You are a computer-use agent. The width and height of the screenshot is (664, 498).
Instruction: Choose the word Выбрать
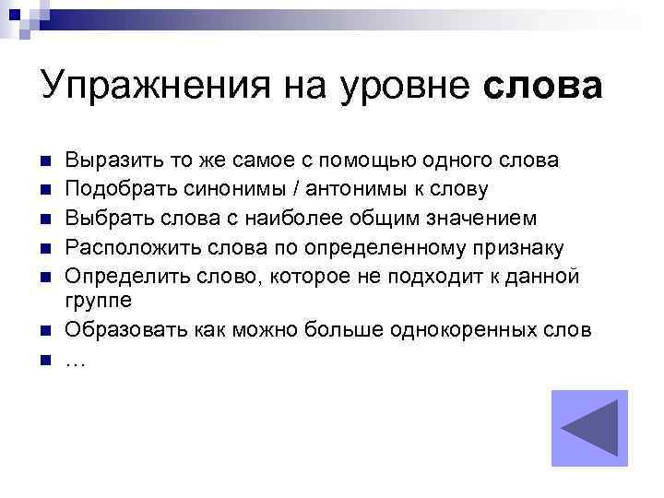pos(107,218)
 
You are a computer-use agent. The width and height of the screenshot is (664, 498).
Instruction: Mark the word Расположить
pos(130,246)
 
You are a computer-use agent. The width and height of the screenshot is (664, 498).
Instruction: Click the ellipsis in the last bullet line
pos(76,360)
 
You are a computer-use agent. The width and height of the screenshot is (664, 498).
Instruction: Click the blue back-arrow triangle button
pos(588,429)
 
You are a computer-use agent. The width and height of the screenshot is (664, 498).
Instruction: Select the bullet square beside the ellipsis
pos(44,359)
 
